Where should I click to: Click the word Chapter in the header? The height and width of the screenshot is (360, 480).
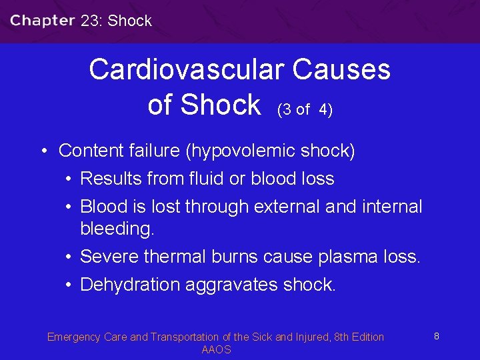pos(42,20)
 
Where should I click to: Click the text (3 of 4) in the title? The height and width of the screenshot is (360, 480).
pos(305,109)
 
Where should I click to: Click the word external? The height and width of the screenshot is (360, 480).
pos(287,207)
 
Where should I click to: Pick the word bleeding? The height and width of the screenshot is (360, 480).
pos(117,229)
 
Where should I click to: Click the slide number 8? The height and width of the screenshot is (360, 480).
pos(436,336)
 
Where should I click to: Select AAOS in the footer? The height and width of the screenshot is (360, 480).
pos(216,349)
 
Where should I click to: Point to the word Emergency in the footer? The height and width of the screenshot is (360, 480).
pos(73,337)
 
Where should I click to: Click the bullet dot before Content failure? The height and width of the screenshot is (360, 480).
pos(42,151)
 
